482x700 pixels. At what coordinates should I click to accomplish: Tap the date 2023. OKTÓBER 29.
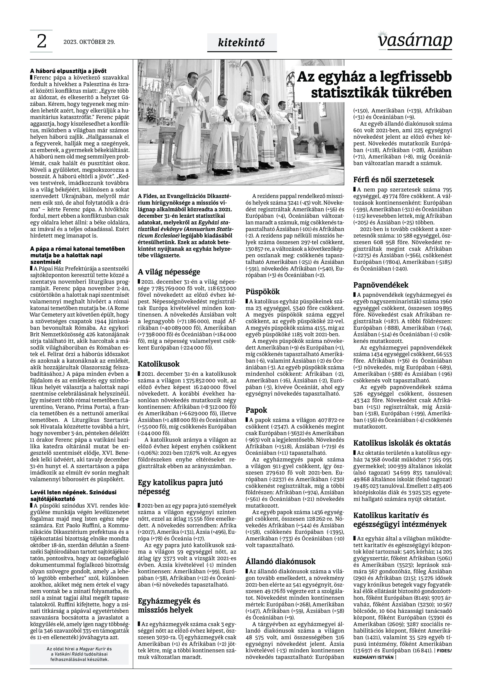[89, 42]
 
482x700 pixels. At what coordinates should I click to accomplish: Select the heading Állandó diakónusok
[280, 561]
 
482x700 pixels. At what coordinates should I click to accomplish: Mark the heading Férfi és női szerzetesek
[393, 179]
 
